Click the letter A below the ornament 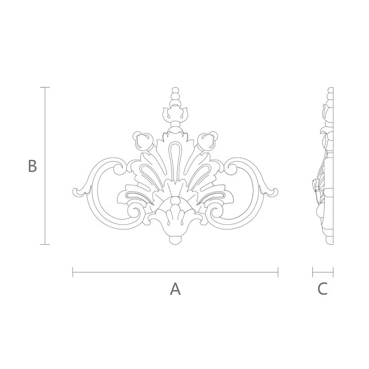pyautogui.click(x=175, y=289)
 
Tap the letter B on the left pyautogui.click(x=32, y=166)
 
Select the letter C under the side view pyautogui.click(x=322, y=289)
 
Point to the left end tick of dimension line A pyautogui.click(x=73, y=272)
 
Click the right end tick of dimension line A pyautogui.click(x=278, y=272)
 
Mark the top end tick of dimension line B pyautogui.click(x=45, y=88)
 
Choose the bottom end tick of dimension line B pyautogui.click(x=45, y=244)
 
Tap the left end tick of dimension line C pyautogui.click(x=313, y=272)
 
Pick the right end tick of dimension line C pyautogui.click(x=333, y=272)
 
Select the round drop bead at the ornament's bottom pyautogui.click(x=175, y=240)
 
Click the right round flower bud pyautogui.click(x=208, y=140)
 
